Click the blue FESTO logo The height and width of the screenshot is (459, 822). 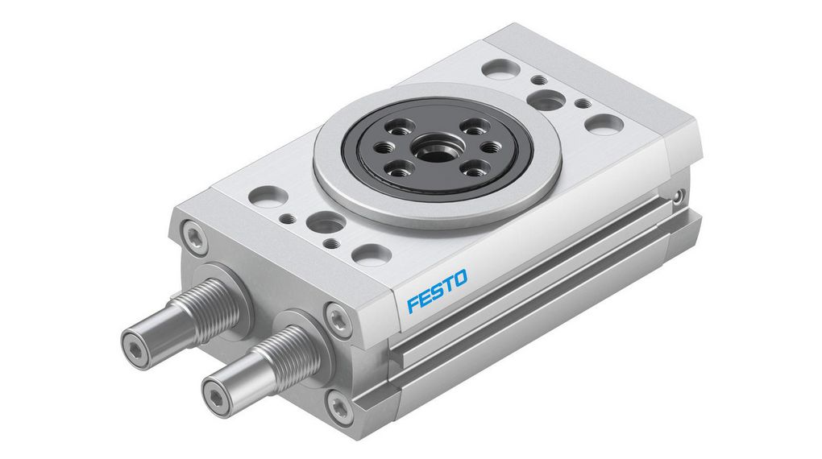pyautogui.click(x=437, y=292)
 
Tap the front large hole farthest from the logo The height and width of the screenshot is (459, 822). pyautogui.click(x=269, y=196)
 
